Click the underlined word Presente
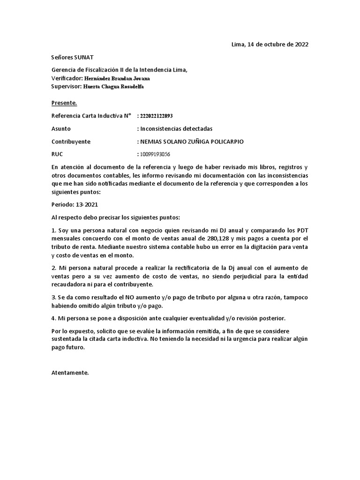tap(64, 103)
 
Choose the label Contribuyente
tap(70, 141)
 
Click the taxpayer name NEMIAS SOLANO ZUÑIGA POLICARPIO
tap(191, 141)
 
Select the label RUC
tap(57, 154)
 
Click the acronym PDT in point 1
tap(301, 230)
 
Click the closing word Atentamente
tap(69, 373)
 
